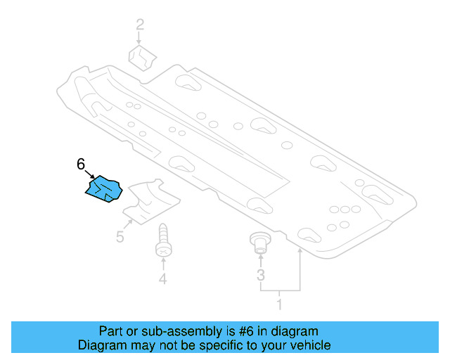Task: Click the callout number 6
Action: pyautogui.click(x=81, y=165)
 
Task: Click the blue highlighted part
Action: pyautogui.click(x=103, y=189)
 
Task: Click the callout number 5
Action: pyautogui.click(x=120, y=237)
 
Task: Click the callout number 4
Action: pyautogui.click(x=162, y=280)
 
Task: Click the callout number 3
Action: pyautogui.click(x=261, y=275)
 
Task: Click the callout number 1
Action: pyautogui.click(x=280, y=305)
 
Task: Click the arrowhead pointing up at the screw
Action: pyautogui.click(x=162, y=262)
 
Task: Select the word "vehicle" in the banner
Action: pyautogui.click(x=309, y=345)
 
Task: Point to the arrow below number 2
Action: pyautogui.click(x=141, y=39)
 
